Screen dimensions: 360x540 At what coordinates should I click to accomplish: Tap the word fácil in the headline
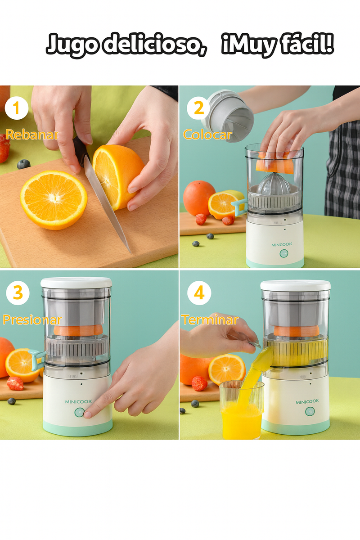coord(306,44)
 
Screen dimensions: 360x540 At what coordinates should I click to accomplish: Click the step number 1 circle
coord(16,108)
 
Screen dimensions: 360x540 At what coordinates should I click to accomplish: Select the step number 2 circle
coord(199,108)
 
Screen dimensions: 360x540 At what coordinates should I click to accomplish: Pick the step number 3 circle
coord(18,293)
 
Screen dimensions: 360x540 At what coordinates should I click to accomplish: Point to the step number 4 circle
coord(199,293)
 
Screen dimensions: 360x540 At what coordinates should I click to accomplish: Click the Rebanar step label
coord(32,135)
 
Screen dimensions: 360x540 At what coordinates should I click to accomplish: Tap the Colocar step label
coord(207,135)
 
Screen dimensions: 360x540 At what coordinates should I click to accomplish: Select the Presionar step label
coord(32,319)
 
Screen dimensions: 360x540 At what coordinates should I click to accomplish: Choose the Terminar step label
coord(210,319)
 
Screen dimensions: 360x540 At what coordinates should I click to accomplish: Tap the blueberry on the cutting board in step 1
coord(23,164)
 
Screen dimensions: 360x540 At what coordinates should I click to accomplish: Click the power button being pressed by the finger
coord(79,412)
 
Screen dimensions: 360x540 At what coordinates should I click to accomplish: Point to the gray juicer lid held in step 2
coord(227,116)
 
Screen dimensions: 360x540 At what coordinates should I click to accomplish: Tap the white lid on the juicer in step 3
coord(76,283)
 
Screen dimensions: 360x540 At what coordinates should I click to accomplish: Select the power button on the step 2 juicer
coord(284,253)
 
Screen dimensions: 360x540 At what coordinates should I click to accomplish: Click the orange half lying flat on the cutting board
coord(54,200)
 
